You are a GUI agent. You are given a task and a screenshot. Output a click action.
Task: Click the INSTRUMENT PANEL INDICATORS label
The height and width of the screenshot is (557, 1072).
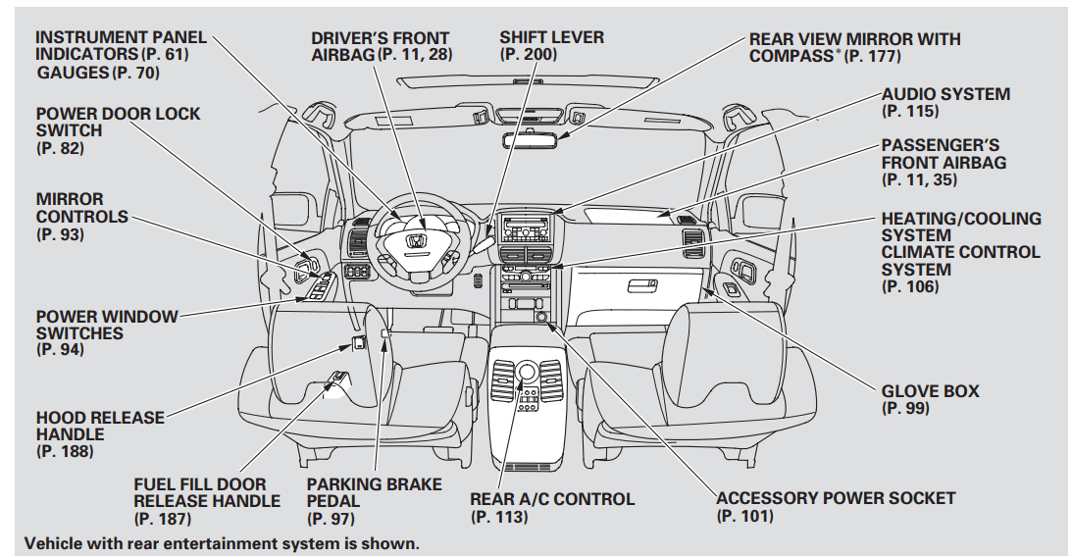[121, 46]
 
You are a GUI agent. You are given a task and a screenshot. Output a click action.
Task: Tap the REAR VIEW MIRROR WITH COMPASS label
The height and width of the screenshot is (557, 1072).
[854, 47]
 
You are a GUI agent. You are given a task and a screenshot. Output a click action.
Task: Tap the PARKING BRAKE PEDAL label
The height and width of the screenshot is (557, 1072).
[374, 493]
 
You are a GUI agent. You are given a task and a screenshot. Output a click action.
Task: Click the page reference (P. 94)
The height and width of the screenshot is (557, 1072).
[60, 350]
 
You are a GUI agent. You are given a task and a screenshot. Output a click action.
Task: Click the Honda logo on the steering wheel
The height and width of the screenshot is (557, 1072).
[416, 241]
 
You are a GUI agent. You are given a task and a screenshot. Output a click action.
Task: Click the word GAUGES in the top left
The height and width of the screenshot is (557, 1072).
[73, 73]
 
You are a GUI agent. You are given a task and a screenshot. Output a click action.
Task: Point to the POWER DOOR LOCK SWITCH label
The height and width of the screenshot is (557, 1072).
[118, 122]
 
